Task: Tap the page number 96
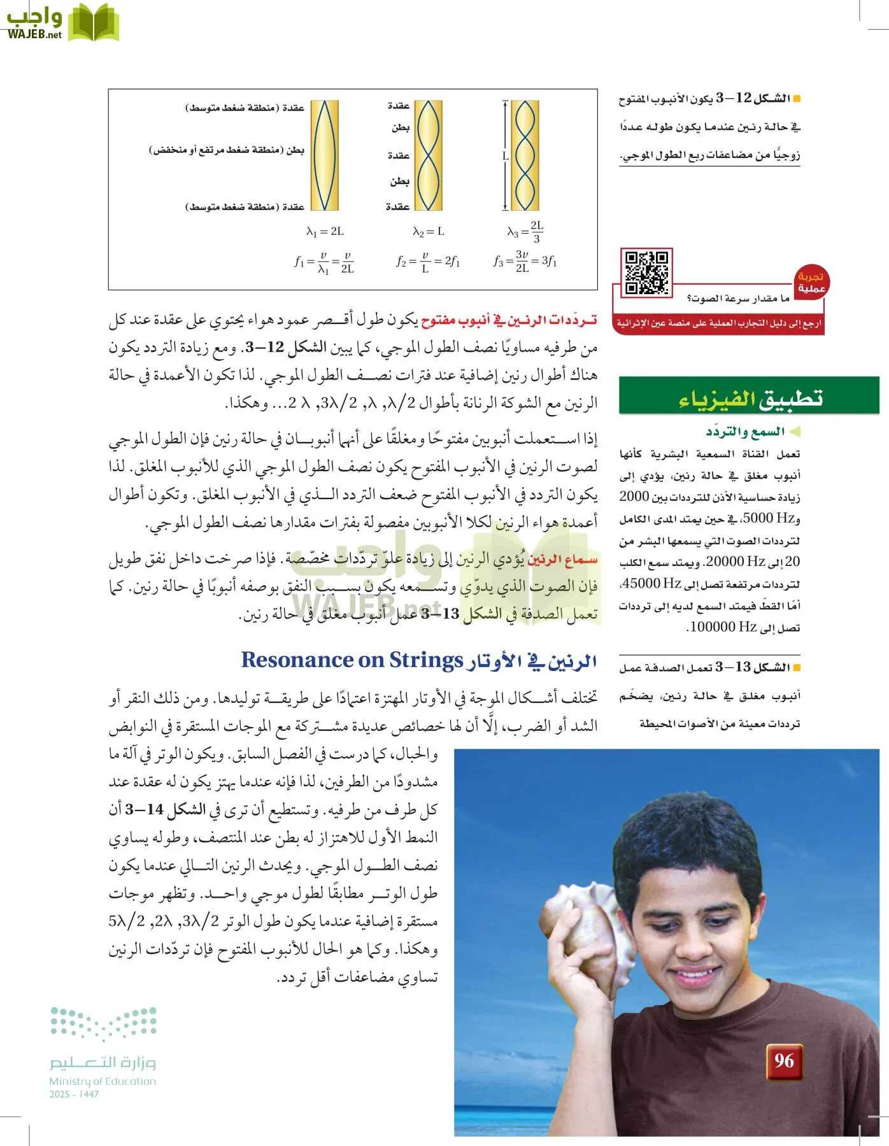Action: pyautogui.click(x=784, y=1061)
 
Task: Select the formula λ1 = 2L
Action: pyautogui.click(x=325, y=232)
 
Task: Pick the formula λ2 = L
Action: pyautogui.click(x=429, y=232)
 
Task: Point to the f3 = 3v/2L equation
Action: pyautogui.click(x=525, y=261)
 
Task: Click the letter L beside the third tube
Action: pyautogui.click(x=506, y=155)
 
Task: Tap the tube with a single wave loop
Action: pyautogui.click(x=325, y=155)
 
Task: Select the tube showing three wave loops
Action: pyautogui.click(x=525, y=155)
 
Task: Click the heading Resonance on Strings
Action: pyautogui.click(x=352, y=660)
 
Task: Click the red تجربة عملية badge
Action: pyautogui.click(x=811, y=282)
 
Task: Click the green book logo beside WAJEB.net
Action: pyautogui.click(x=93, y=24)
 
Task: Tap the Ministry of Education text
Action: pyautogui.click(x=103, y=1081)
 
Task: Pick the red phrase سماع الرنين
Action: pyautogui.click(x=563, y=559)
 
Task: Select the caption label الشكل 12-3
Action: pyautogui.click(x=762, y=98)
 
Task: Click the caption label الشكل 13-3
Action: pyautogui.click(x=762, y=667)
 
